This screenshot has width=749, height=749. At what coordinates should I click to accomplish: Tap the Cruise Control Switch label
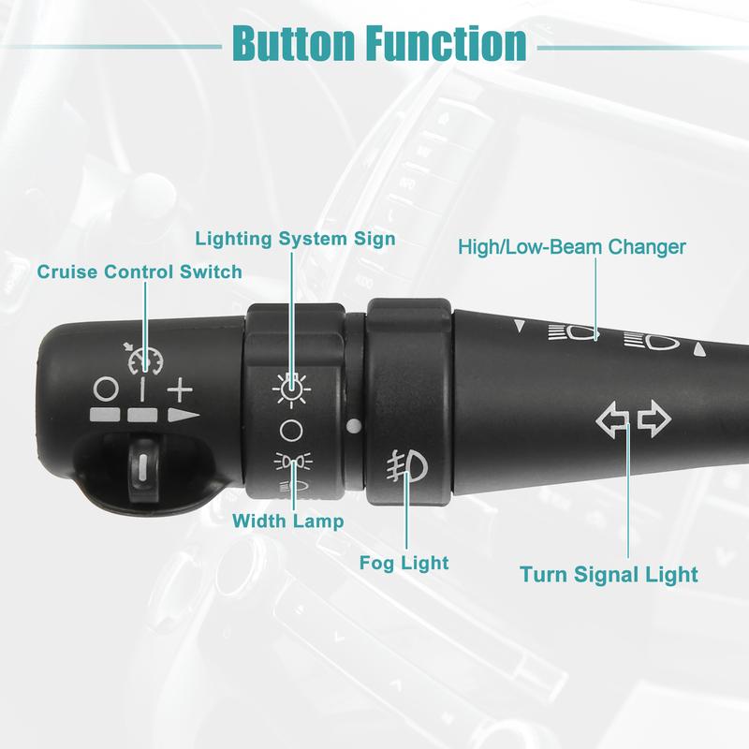140,272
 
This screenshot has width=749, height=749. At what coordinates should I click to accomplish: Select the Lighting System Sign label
295,238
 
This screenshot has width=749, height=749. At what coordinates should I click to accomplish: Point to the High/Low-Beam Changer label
572,247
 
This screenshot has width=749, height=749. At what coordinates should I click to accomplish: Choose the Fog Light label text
404,563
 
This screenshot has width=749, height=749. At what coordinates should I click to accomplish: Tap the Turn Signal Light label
609,573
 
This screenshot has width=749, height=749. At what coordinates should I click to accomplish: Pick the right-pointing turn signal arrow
654,421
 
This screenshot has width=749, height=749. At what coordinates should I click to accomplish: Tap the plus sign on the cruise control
179,387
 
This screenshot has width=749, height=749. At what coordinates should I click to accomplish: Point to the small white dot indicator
352,426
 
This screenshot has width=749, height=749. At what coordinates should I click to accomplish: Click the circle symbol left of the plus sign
106,387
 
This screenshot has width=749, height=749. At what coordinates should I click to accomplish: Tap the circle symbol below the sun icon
290,431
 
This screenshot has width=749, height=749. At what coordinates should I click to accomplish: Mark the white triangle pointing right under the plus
184,415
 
